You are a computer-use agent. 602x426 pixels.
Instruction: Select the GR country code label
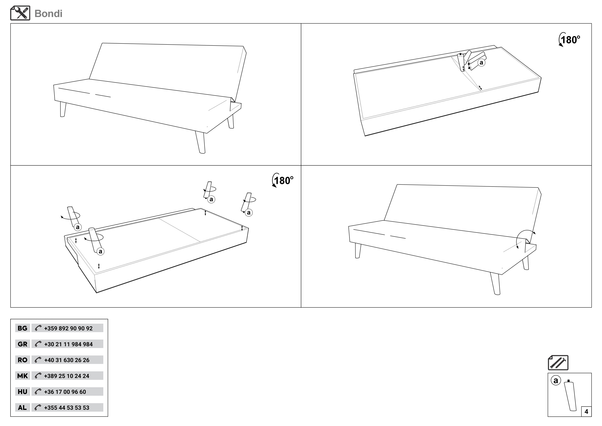point(23,344)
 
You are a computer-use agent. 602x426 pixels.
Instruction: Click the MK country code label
point(23,376)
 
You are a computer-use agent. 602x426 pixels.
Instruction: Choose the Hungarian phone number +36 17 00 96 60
point(65,392)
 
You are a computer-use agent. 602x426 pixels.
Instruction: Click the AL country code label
point(23,408)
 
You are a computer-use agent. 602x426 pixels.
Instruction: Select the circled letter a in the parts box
point(556,380)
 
